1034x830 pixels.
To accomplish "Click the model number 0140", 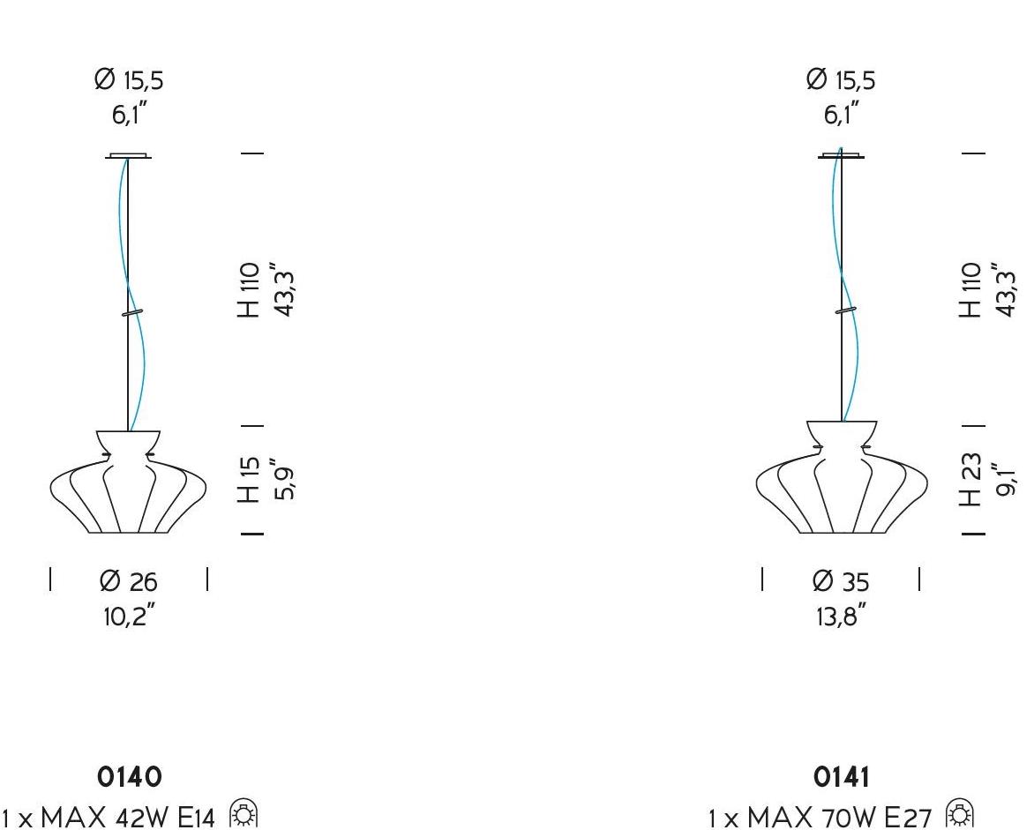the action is tap(129, 777).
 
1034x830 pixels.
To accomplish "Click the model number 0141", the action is tap(841, 777).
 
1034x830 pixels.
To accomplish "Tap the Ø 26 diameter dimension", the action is tap(129, 581).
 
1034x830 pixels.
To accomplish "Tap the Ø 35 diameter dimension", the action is tap(841, 581).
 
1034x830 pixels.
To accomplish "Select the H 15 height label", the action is tap(250, 479).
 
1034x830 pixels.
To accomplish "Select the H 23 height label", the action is tap(970, 479).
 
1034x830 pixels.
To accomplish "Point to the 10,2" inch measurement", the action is tap(129, 616).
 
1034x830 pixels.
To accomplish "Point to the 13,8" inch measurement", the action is tap(841, 616).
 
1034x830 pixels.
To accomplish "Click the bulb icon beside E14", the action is tap(244, 814).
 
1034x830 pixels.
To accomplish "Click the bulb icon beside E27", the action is tap(960, 814).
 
